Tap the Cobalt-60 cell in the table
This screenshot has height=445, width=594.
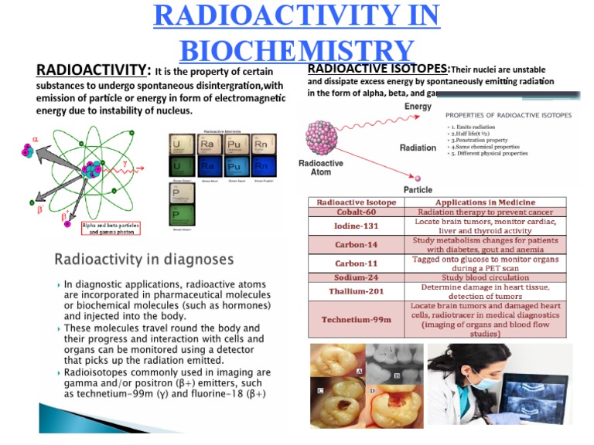tap(356, 212)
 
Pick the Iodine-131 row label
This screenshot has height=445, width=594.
tap(356, 226)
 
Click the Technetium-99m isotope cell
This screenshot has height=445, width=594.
tap(356, 320)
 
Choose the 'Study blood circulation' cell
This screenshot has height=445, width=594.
tap(484, 278)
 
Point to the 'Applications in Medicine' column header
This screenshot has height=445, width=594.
tap(484, 202)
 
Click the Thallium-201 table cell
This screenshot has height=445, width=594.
tap(356, 291)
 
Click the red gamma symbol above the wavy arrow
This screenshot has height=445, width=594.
tap(125, 164)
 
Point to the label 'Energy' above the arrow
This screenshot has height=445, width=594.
tap(418, 107)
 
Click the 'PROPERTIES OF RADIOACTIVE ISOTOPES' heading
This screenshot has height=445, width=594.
tap(508, 115)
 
